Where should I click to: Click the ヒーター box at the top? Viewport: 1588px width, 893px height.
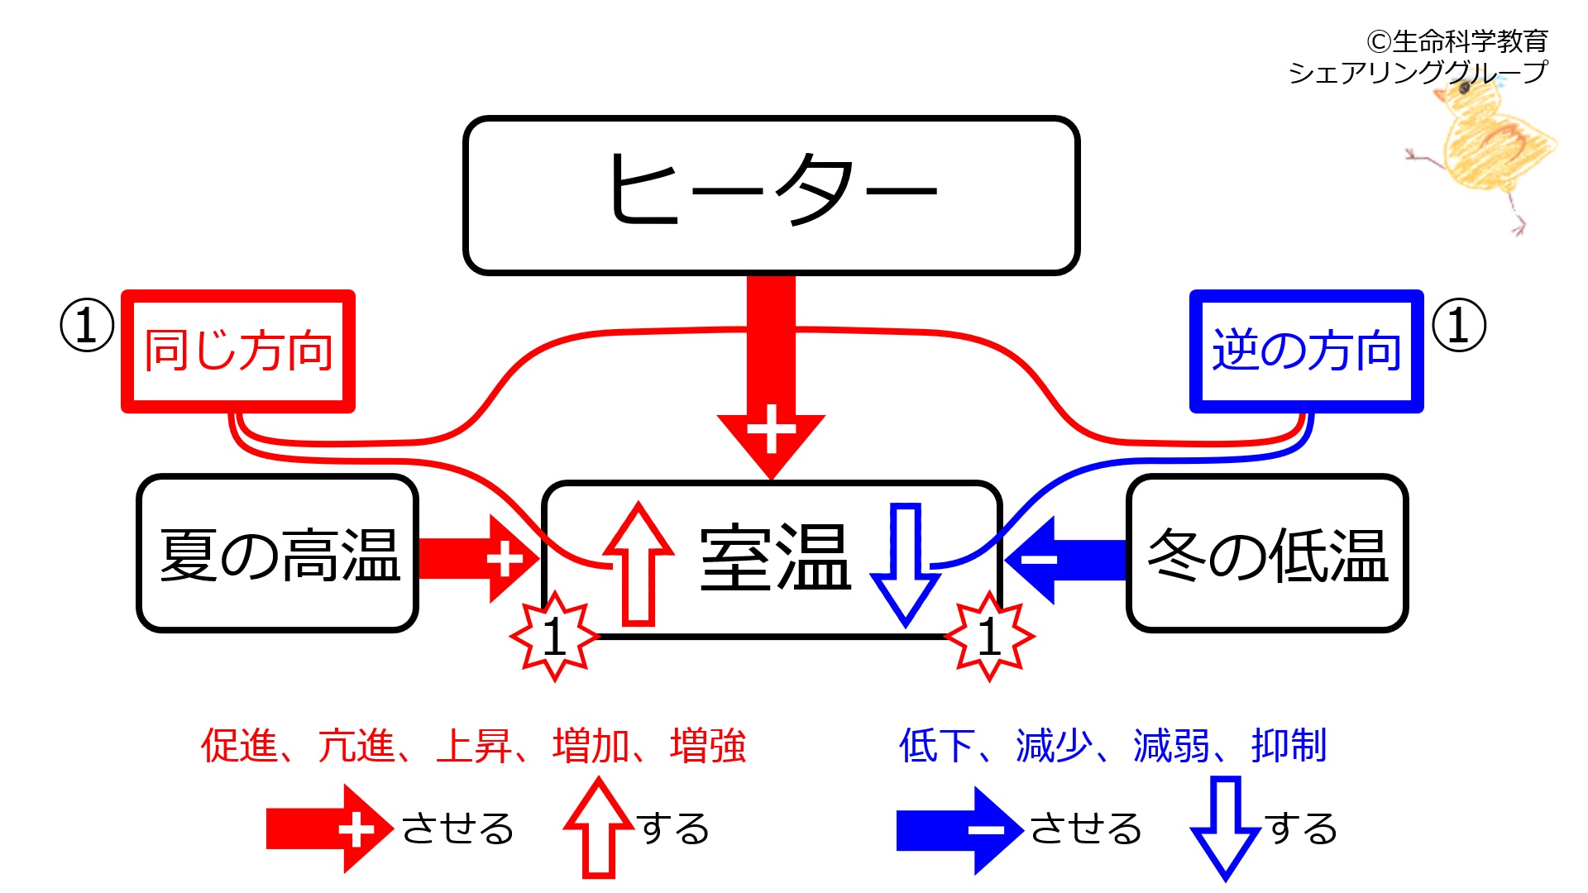pyautogui.click(x=771, y=195)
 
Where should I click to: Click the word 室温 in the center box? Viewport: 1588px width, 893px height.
pyautogui.click(x=775, y=558)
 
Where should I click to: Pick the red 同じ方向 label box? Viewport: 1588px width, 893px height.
pyautogui.click(x=238, y=351)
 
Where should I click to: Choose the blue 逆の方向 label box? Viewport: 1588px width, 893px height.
pyautogui.click(x=1307, y=351)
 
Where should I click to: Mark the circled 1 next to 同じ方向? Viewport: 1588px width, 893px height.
pyautogui.click(x=87, y=325)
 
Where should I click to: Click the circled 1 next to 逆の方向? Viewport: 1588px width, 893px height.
pyautogui.click(x=1459, y=325)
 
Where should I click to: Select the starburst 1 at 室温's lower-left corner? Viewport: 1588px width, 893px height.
pyautogui.click(x=554, y=637)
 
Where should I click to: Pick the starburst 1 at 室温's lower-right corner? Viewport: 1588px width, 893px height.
pyautogui.click(x=989, y=637)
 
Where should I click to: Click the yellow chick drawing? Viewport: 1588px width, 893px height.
pyautogui.click(x=1485, y=145)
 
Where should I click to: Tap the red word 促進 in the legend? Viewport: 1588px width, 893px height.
pyautogui.click(x=240, y=745)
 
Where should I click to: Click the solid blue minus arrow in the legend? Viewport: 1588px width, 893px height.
pyautogui.click(x=959, y=829)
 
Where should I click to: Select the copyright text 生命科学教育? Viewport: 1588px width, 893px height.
pyautogui.click(x=1469, y=41)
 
